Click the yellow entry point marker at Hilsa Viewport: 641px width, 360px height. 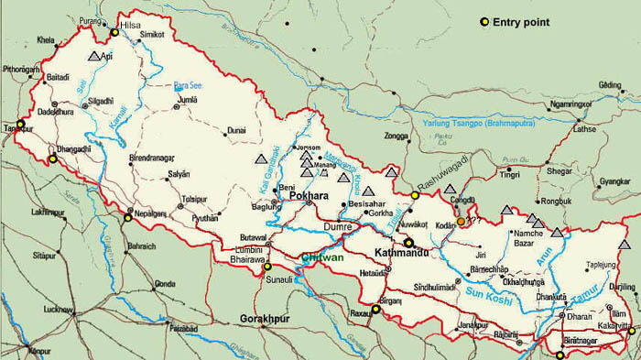click(x=115, y=33)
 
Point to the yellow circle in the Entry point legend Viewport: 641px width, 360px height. click(x=484, y=21)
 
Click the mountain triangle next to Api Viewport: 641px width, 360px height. click(x=93, y=57)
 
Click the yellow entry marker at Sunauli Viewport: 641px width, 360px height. click(x=268, y=267)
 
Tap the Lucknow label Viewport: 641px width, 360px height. click(x=57, y=310)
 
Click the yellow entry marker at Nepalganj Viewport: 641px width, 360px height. click(x=128, y=217)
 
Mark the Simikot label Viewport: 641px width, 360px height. click(x=152, y=34)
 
